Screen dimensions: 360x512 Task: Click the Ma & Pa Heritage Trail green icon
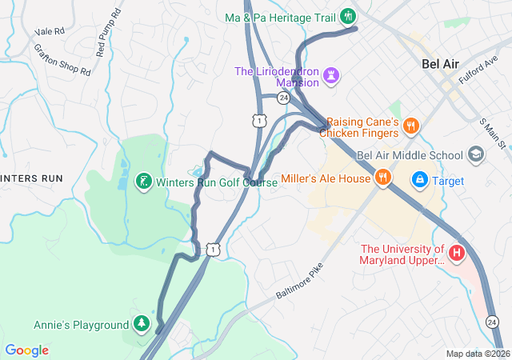point(347,16)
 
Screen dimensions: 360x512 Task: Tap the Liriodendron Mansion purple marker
point(331,76)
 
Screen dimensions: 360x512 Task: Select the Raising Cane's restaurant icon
point(410,125)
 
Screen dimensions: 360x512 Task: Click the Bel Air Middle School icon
point(476,154)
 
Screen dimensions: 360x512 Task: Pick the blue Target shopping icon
point(419,181)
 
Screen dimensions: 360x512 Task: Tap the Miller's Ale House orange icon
point(382,178)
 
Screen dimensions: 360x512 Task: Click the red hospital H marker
point(457,254)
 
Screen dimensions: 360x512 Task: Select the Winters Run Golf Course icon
point(143,182)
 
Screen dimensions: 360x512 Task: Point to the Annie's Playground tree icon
point(142,324)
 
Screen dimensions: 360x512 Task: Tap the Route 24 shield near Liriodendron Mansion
point(283,98)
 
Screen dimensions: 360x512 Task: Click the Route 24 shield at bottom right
point(492,322)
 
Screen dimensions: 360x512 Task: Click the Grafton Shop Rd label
point(62,59)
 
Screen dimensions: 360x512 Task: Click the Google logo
point(26,350)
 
